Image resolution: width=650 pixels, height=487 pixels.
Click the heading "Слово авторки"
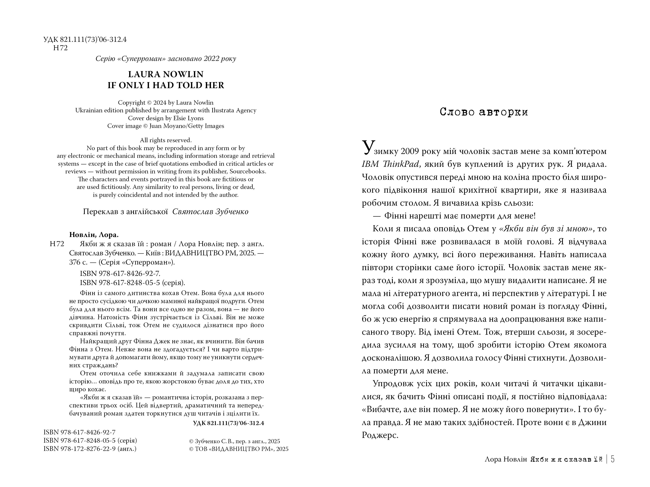pos(484,112)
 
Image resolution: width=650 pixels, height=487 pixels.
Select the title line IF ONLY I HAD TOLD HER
pos(166,85)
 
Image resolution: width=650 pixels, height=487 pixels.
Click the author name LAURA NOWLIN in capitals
pos(166,74)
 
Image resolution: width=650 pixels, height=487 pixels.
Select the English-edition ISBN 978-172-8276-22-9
pos(90,449)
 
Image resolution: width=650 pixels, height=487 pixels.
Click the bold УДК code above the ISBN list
pos(228,423)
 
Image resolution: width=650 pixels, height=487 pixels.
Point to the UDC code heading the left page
pos(85,40)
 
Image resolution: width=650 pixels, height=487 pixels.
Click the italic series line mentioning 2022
pos(166,59)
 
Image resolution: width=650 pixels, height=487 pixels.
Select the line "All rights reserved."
pos(166,140)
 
